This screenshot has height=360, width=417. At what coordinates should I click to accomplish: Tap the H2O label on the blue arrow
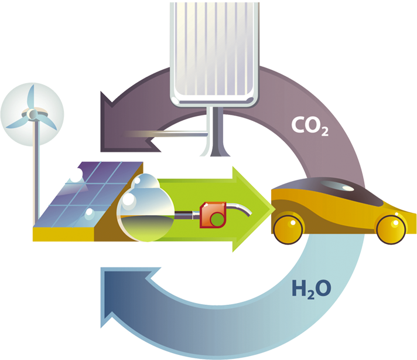tap(310, 288)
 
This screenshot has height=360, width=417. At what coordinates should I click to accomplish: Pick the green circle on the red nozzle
tap(217, 220)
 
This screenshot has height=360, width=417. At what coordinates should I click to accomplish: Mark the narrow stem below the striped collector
tap(211, 135)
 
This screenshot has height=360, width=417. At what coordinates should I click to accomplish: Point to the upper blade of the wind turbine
tap(35, 94)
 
